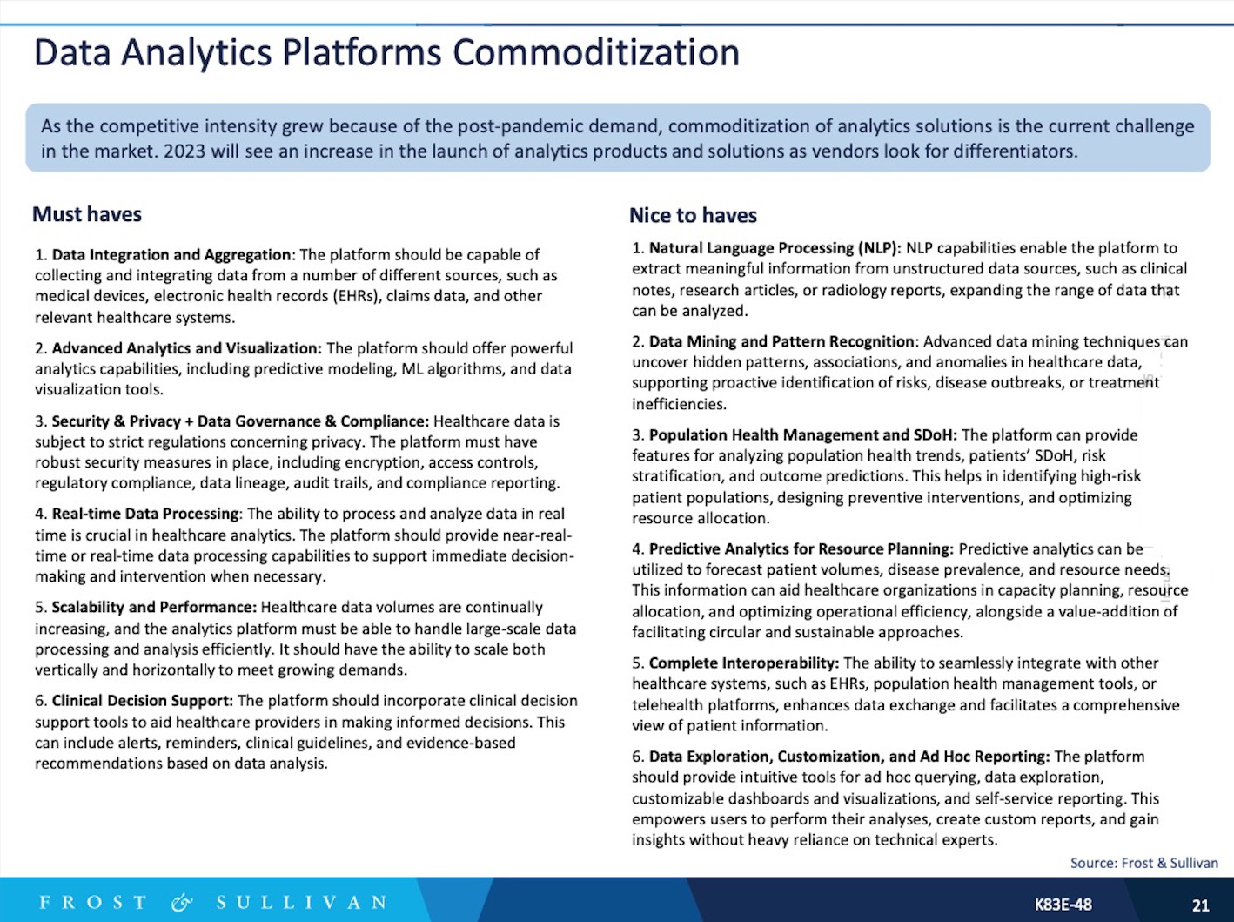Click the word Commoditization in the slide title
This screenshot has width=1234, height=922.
point(595,52)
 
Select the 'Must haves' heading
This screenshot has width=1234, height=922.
point(87,214)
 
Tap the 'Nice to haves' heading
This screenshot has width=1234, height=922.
point(693,215)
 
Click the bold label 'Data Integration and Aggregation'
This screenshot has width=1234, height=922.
point(171,255)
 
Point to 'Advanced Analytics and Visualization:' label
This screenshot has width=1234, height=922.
point(186,348)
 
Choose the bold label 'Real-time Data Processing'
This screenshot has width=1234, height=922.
point(144,514)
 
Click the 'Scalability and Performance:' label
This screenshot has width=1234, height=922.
point(154,607)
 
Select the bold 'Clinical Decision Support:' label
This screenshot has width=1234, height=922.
point(142,701)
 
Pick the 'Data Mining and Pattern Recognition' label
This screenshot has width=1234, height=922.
point(781,341)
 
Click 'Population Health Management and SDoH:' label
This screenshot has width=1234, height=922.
point(802,434)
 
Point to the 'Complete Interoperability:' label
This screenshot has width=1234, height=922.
point(744,663)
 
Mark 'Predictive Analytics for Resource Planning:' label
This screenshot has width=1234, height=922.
point(801,548)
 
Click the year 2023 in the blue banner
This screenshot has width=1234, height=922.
point(184,151)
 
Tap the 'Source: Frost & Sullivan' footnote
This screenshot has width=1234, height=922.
point(1143,863)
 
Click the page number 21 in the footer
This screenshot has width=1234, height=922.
point(1200,905)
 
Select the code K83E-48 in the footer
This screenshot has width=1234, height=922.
point(1063,905)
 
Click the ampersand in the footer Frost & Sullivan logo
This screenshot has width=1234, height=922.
point(181,903)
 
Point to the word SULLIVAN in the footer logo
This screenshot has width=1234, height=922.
point(301,903)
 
